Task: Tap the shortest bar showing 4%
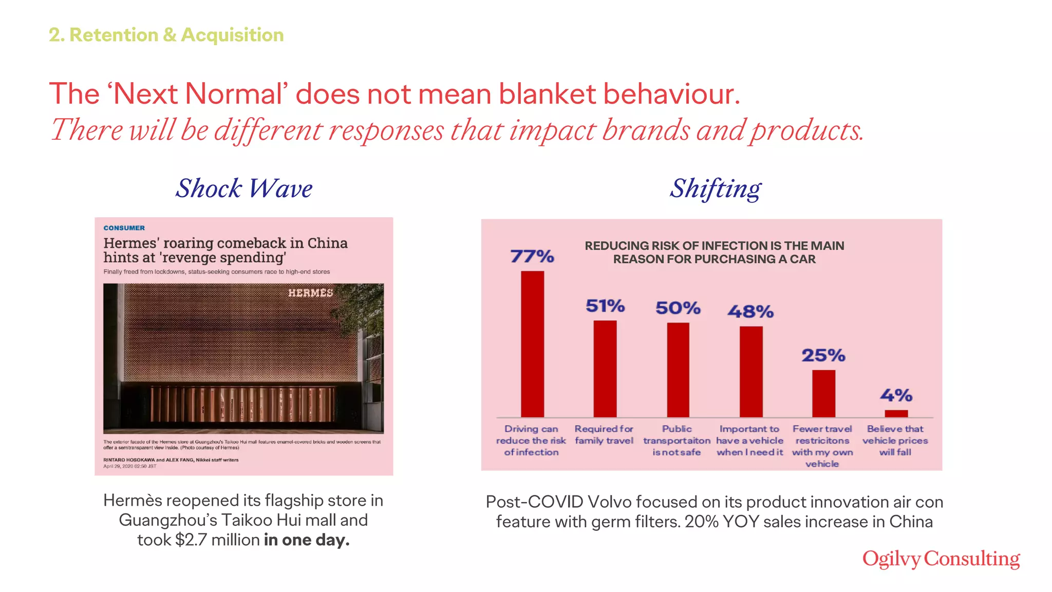coord(896,413)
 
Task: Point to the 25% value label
coord(823,355)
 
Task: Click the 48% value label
coord(750,311)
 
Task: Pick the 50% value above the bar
coord(678,308)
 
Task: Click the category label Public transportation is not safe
coord(677,440)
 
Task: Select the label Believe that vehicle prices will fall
coord(895,440)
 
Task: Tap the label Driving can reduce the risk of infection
coord(531,440)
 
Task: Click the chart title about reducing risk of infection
coord(714,252)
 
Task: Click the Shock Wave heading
coord(244,188)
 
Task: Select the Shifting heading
coord(715,188)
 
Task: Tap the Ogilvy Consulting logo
coord(941,559)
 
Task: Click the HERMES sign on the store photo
coord(310,293)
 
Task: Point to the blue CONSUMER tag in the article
coord(124,228)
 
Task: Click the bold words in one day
coord(307,540)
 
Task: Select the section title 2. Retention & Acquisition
coord(166,35)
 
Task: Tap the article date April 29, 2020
coord(129,467)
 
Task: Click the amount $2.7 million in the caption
coord(217,540)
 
